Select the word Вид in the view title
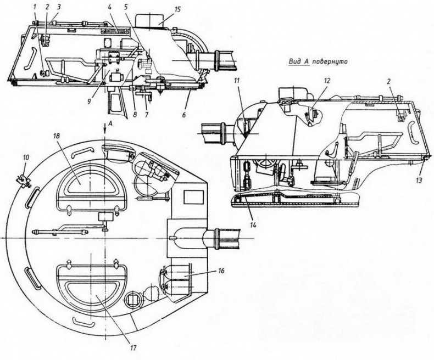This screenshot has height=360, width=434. tap(296, 63)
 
